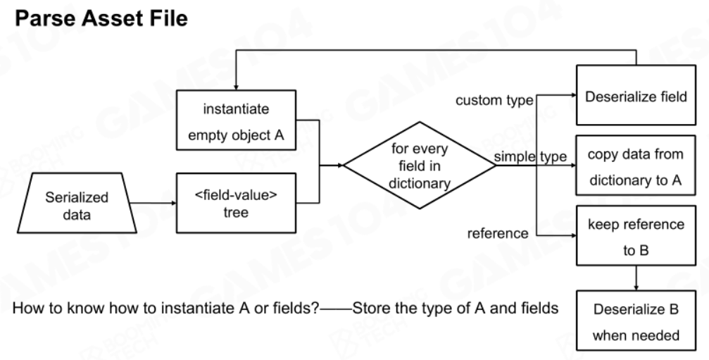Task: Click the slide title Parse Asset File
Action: [101, 18]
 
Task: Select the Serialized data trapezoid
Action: [77, 203]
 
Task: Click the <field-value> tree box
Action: [236, 203]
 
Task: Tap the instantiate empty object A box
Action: [236, 120]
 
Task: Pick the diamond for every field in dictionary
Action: [420, 166]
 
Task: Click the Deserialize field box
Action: [636, 95]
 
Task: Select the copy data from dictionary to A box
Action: [636, 165]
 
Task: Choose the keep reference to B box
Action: [636, 235]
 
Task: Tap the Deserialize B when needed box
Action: [636, 321]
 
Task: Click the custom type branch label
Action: [494, 101]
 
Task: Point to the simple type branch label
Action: [530, 156]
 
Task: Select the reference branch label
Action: [497, 233]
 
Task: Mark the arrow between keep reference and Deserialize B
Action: [636, 278]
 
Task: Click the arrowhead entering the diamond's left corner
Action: [341, 166]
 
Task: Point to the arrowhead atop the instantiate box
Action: [236, 87]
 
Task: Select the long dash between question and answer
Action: [336, 309]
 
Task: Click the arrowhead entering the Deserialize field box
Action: [573, 95]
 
